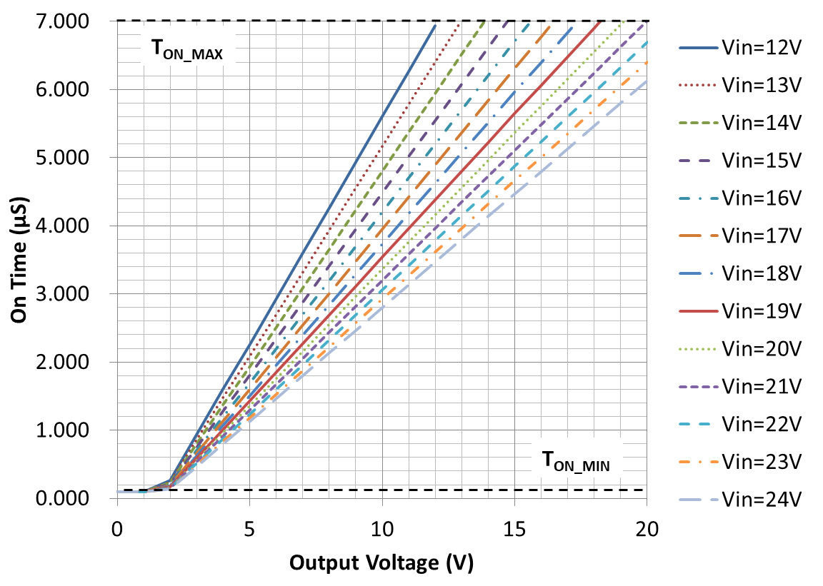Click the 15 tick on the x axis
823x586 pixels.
point(514,530)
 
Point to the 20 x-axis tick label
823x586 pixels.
point(647,530)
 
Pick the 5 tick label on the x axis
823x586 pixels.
point(249,530)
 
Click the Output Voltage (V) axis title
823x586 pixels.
point(381,563)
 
